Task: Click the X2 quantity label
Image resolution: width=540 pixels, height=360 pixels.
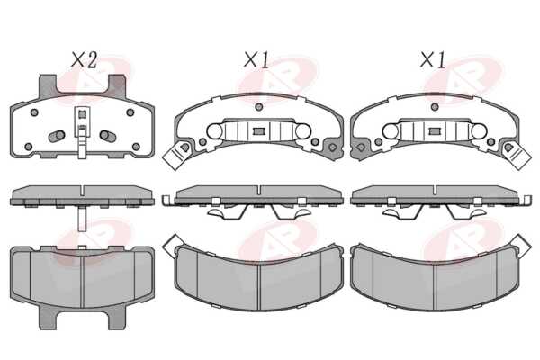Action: click(x=84, y=60)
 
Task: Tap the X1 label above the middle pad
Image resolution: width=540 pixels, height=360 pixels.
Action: click(x=256, y=60)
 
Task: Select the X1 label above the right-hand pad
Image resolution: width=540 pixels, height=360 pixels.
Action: click(x=433, y=60)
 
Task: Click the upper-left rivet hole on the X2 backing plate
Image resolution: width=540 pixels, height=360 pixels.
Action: click(x=34, y=112)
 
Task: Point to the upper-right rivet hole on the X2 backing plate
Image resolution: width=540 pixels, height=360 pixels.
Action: click(x=130, y=112)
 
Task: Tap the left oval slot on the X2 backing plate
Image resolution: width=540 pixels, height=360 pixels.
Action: click(x=57, y=136)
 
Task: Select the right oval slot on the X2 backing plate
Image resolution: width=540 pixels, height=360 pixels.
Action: click(x=108, y=136)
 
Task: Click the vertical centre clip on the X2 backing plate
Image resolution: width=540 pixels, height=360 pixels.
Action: click(x=82, y=132)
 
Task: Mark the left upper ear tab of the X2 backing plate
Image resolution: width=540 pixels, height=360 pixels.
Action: click(x=47, y=85)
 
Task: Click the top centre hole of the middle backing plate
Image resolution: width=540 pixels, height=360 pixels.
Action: click(x=259, y=107)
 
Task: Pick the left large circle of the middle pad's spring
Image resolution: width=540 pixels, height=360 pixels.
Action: click(x=214, y=131)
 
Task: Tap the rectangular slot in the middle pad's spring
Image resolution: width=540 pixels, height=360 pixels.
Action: click(x=259, y=131)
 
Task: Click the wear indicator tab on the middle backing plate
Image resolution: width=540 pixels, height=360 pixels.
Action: click(x=176, y=153)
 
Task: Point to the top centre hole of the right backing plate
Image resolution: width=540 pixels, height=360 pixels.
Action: click(x=435, y=107)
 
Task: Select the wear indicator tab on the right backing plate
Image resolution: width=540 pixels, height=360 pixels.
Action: click(x=516, y=154)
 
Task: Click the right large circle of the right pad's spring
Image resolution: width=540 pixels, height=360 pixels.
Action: click(x=479, y=131)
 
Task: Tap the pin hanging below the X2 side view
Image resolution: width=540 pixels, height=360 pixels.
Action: click(x=82, y=219)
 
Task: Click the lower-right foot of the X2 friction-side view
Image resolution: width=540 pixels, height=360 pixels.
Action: click(x=117, y=318)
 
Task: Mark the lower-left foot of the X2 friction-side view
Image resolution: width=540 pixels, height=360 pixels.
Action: click(x=48, y=318)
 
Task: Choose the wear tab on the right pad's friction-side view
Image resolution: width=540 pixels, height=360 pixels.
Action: click(x=520, y=246)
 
